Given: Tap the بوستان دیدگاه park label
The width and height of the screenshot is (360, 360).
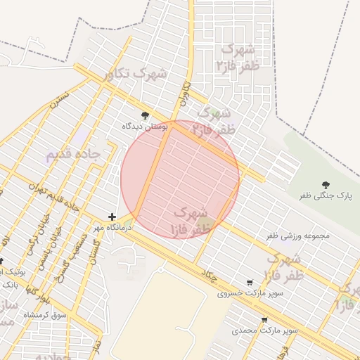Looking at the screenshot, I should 146,126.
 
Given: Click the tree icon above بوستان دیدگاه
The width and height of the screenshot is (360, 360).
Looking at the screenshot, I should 146,115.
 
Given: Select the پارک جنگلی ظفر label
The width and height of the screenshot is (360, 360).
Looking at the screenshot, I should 325,195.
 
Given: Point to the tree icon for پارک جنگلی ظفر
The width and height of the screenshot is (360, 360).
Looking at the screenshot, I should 326,184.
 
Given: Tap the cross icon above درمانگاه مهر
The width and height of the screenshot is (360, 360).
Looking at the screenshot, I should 112,217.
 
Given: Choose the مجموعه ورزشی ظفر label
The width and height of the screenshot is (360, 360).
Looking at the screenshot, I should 297,236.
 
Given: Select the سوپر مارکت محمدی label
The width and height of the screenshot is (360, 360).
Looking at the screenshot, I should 265,329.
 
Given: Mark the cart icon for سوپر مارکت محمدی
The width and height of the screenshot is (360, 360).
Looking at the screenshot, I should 264,319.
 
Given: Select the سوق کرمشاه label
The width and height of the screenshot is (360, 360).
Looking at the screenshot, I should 45,315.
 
